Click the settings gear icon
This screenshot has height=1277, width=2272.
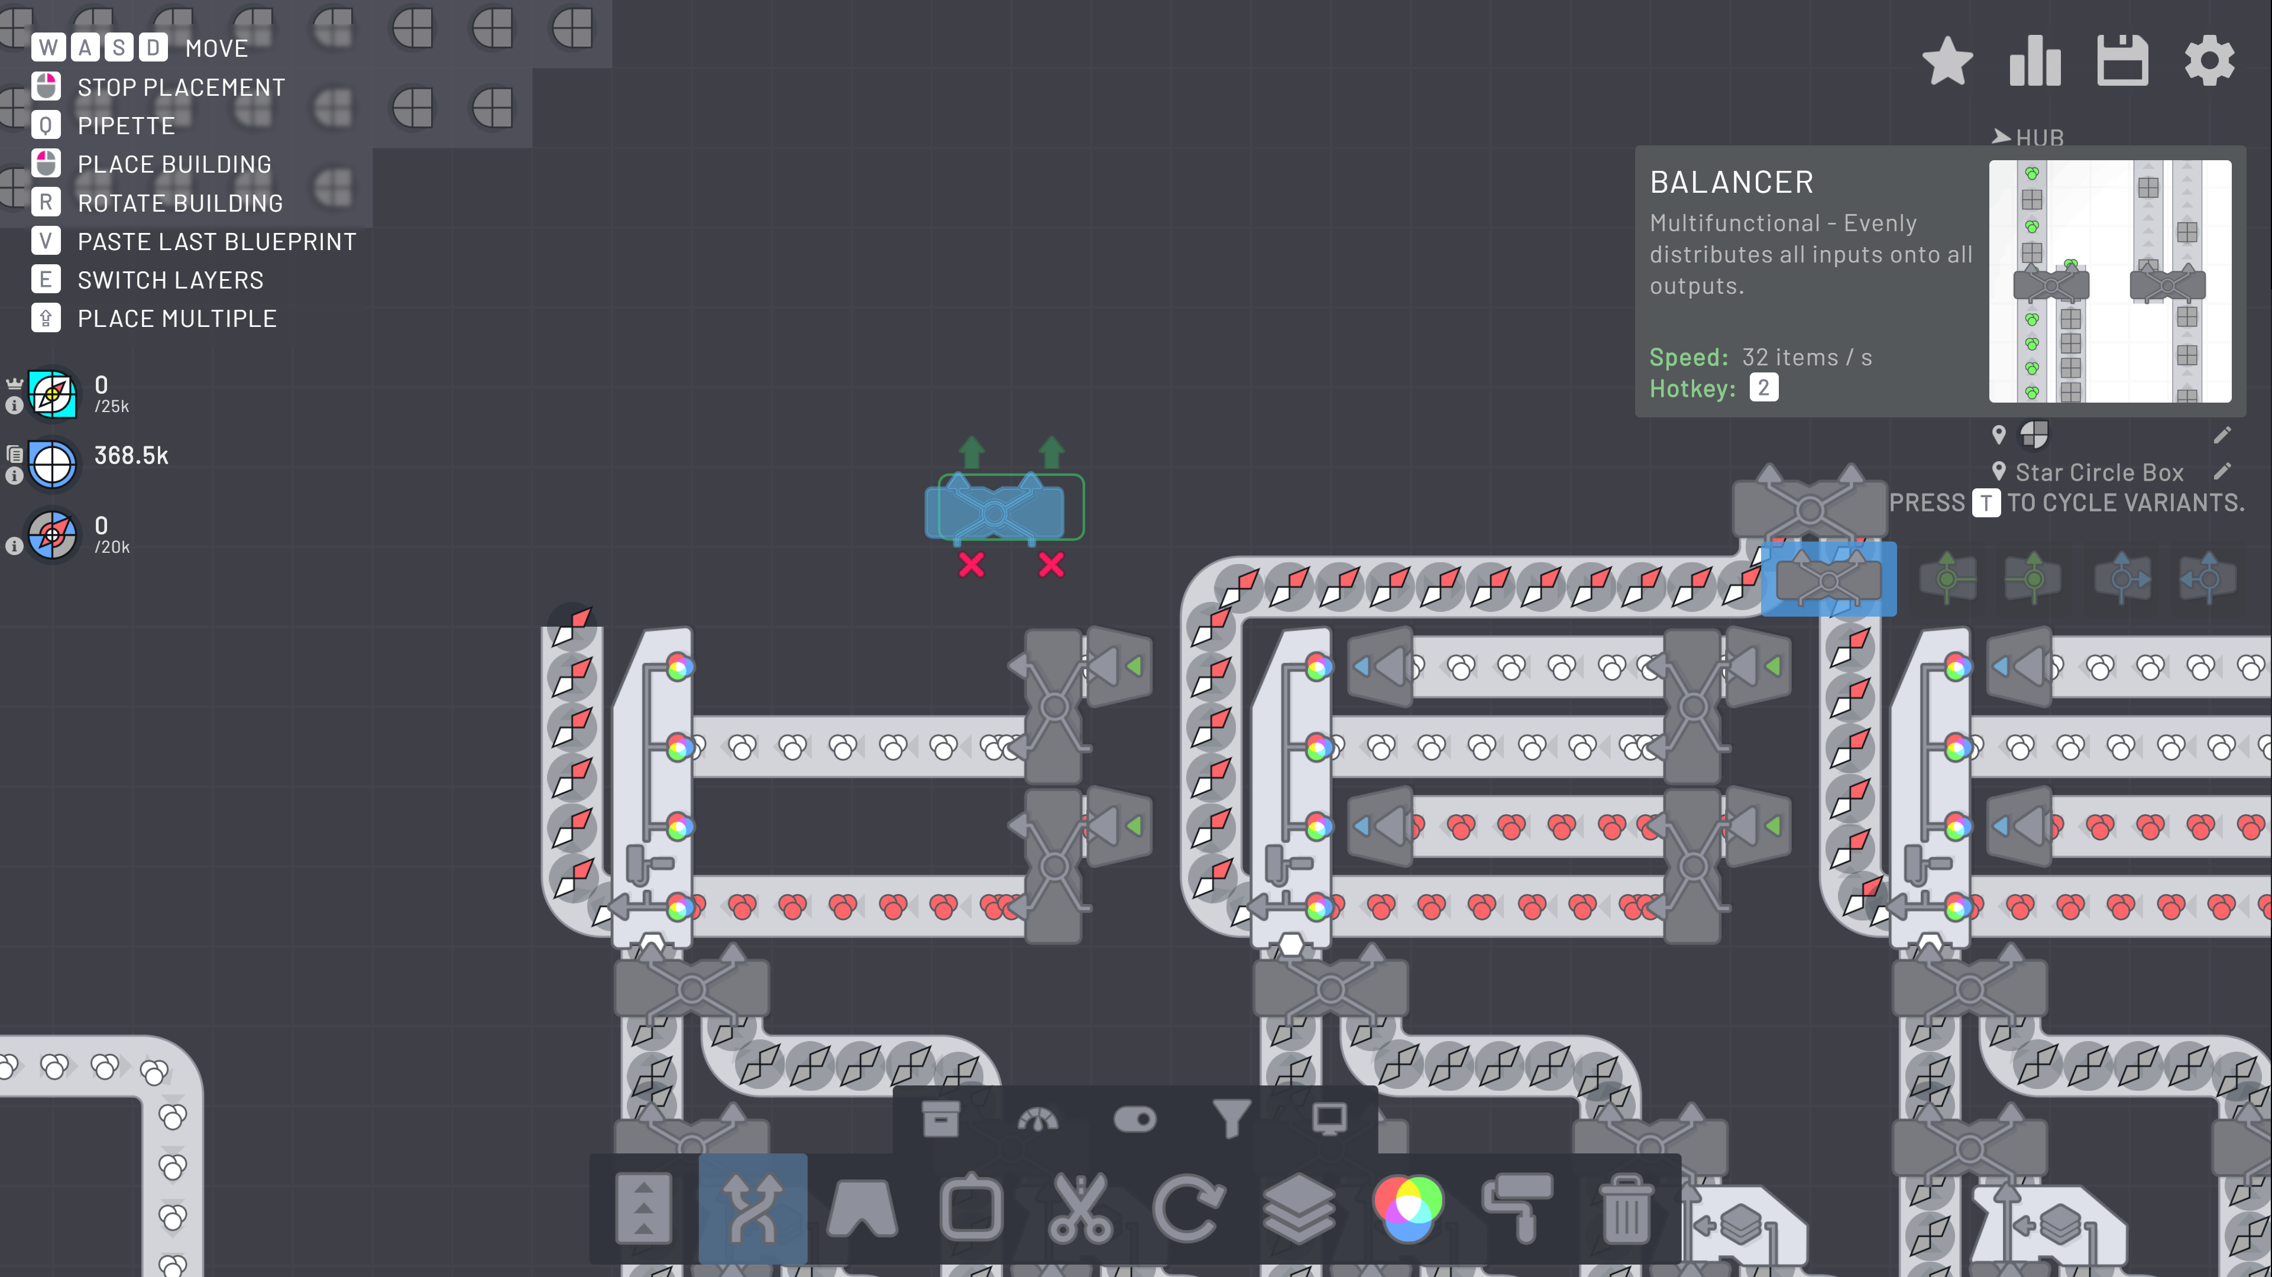pyautogui.click(x=2209, y=61)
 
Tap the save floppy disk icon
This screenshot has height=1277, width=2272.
pyautogui.click(x=2122, y=61)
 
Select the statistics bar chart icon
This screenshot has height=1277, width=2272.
pyautogui.click(x=2035, y=61)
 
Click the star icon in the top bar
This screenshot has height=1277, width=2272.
pyautogui.click(x=1947, y=61)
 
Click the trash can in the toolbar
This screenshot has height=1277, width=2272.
pyautogui.click(x=1626, y=1209)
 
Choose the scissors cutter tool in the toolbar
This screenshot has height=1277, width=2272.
pyautogui.click(x=1080, y=1209)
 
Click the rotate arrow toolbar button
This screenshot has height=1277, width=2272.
pyautogui.click(x=1189, y=1209)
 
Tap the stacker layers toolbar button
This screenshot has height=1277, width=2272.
pyautogui.click(x=1298, y=1209)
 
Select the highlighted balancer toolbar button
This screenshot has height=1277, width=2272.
pyautogui.click(x=752, y=1209)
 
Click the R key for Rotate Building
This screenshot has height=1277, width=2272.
pyautogui.click(x=46, y=203)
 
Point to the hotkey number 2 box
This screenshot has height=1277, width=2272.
pyautogui.click(x=1763, y=388)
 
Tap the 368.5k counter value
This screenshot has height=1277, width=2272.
pyautogui.click(x=131, y=456)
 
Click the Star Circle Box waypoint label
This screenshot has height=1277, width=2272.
pyautogui.click(x=2099, y=473)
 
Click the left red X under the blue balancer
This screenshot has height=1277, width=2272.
pyautogui.click(x=971, y=565)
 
